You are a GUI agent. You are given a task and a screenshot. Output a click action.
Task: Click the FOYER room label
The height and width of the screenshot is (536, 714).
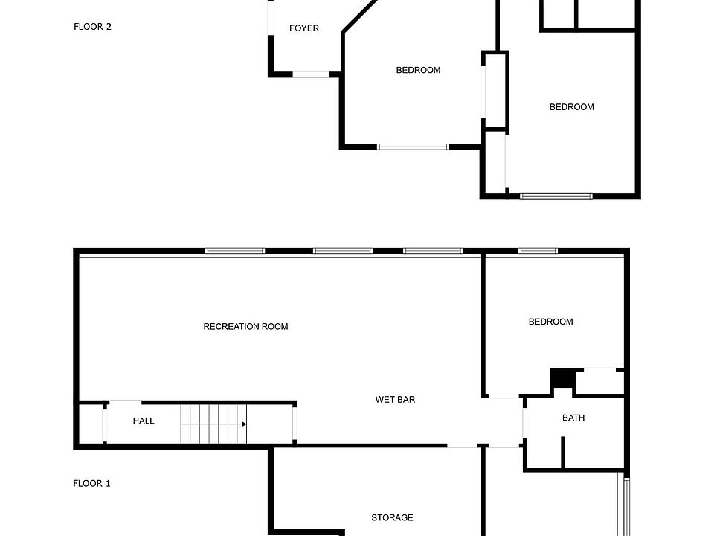[303, 28]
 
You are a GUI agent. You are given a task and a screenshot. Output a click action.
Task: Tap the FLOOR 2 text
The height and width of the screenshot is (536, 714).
[92, 27]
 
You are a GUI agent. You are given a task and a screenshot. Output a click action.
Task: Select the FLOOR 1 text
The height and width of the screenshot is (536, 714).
[91, 484]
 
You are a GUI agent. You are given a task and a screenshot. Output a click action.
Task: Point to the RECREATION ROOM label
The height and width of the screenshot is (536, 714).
[245, 326]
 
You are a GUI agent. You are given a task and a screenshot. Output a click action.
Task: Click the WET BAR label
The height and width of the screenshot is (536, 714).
[395, 400]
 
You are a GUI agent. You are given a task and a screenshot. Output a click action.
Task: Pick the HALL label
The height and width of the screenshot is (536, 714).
[144, 421]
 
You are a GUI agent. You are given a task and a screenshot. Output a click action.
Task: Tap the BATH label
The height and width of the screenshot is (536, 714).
[573, 418]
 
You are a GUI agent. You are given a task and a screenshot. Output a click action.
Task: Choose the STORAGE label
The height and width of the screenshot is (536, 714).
[392, 518]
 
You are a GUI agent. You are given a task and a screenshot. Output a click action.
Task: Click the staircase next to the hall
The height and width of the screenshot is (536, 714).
[213, 424]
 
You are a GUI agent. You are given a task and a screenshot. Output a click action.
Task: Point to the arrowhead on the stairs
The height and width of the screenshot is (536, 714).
[245, 424]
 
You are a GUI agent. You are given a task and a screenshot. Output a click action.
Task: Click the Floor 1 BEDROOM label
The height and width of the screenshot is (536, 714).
[550, 322]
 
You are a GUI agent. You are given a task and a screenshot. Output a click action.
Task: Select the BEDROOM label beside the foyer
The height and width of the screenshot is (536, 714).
[418, 70]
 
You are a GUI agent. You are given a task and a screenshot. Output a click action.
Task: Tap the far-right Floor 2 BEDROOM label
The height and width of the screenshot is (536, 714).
[571, 107]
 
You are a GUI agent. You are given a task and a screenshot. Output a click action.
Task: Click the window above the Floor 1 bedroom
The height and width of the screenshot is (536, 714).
[538, 251]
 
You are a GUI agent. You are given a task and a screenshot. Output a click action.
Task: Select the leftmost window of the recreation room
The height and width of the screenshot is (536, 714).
[235, 251]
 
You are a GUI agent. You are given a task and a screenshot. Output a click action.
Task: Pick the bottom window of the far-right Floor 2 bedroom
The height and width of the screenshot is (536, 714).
[556, 196]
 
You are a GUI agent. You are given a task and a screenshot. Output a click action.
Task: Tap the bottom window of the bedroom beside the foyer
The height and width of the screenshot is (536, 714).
[413, 147]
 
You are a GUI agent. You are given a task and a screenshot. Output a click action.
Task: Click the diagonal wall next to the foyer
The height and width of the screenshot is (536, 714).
[360, 16]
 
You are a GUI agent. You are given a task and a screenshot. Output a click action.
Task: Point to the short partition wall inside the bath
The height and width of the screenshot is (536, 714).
[563, 452]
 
